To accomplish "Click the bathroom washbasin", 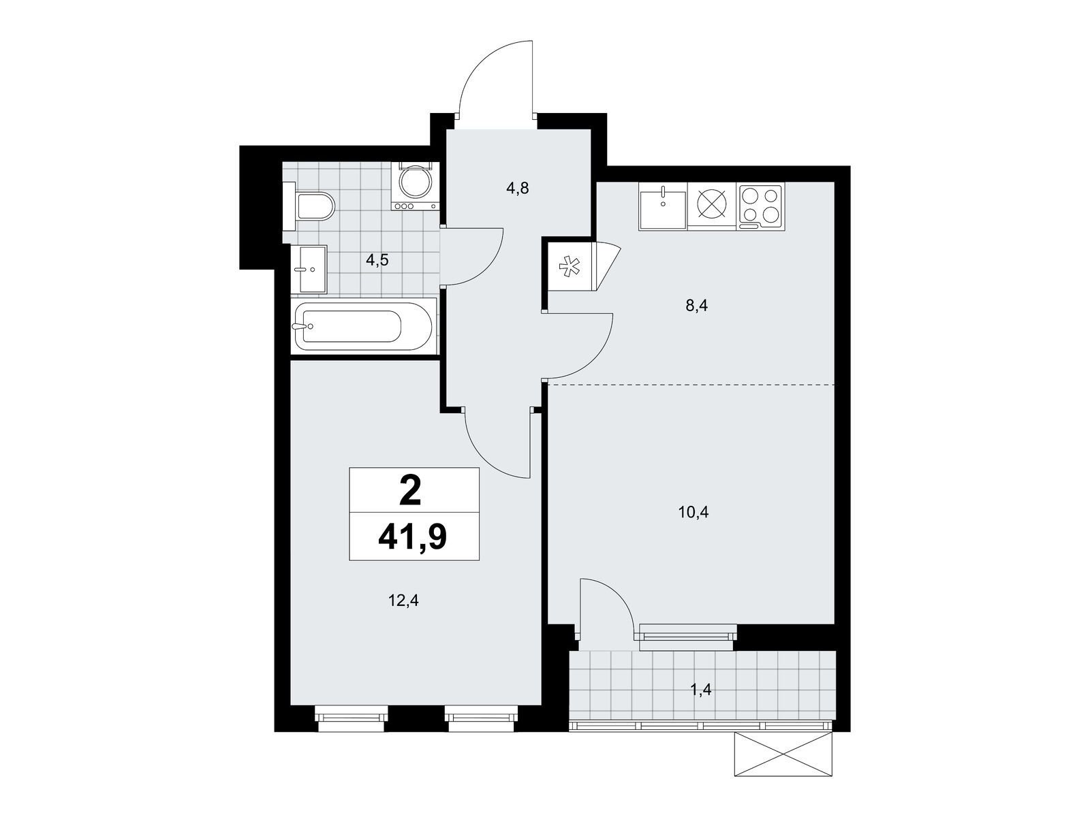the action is coord(309,269).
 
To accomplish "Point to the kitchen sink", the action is coord(662,206).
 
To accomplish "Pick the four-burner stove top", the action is coord(760,206).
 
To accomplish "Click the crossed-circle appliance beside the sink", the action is coord(712,205).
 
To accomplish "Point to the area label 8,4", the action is coord(696,306).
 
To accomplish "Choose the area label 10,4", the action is coord(694,512).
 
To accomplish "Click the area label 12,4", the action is coord(404,600).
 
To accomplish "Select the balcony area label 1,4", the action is coord(701,690).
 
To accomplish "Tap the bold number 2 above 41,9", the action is coord(410,490).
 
